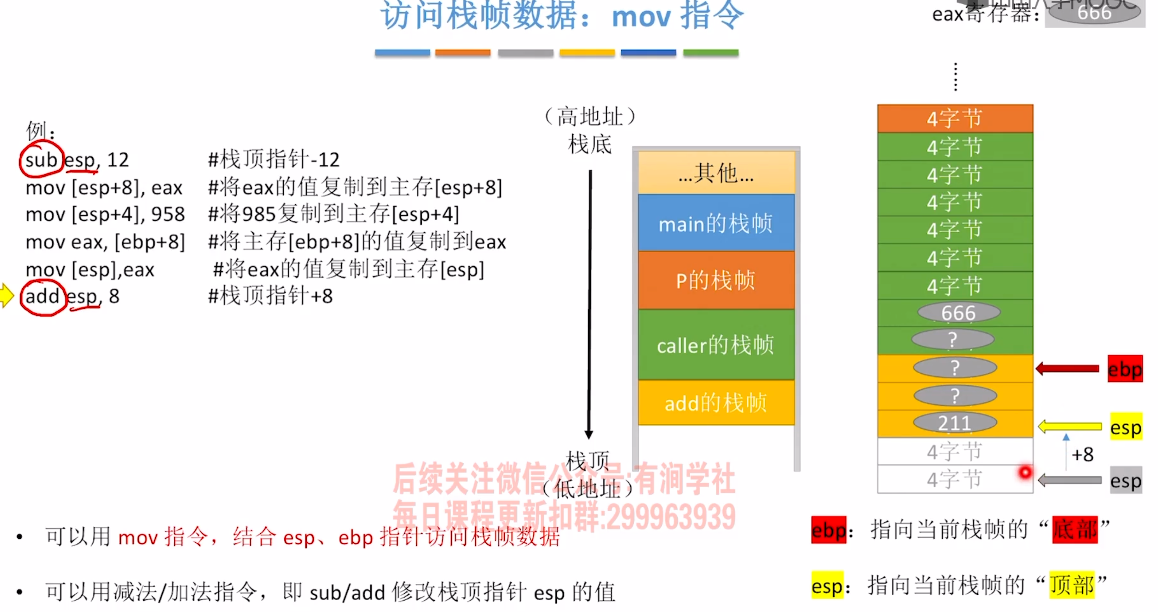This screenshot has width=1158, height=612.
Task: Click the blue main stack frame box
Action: pyautogui.click(x=716, y=223)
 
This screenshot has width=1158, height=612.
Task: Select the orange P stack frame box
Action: pyautogui.click(x=716, y=280)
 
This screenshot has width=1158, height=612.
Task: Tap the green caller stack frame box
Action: pyautogui.click(x=716, y=345)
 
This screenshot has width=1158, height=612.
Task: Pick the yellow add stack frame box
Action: pyautogui.click(x=716, y=402)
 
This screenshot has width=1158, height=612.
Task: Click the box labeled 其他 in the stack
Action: pyautogui.click(x=716, y=172)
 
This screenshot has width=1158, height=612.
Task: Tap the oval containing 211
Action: pyautogui.click(x=955, y=423)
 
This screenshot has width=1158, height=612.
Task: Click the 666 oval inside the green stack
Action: pyautogui.click(x=959, y=313)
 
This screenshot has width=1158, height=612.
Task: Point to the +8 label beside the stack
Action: pyautogui.click(x=1082, y=454)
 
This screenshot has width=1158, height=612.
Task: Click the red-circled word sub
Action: pyautogui.click(x=41, y=160)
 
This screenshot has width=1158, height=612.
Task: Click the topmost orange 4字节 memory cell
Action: pyautogui.click(x=955, y=118)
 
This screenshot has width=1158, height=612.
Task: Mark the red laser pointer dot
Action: pyautogui.click(x=1025, y=472)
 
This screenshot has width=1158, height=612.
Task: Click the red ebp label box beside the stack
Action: pyautogui.click(x=1125, y=369)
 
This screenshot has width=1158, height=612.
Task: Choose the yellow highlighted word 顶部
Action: pyautogui.click(x=1072, y=585)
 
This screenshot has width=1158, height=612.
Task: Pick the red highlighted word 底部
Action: pyautogui.click(x=1075, y=529)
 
